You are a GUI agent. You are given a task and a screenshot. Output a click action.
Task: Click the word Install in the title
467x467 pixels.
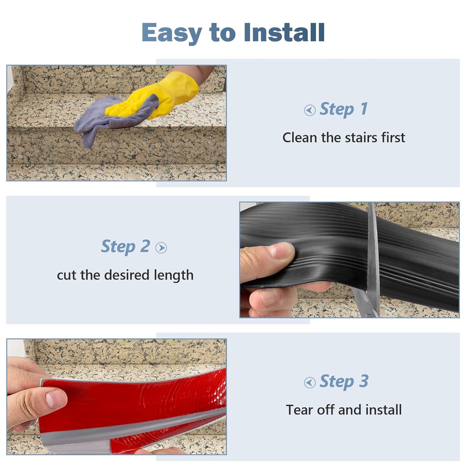pos(284,32)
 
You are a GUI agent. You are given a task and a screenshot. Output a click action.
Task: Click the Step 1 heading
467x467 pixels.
pos(344,109)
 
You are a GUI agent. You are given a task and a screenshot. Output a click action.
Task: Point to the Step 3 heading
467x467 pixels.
pos(344,381)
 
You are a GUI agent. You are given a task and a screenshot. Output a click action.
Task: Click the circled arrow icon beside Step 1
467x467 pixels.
pos(310,110)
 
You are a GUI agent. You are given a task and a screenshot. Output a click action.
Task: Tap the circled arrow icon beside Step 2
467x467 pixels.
pos(161,248)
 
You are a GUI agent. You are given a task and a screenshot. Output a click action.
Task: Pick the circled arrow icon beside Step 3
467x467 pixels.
pos(310,382)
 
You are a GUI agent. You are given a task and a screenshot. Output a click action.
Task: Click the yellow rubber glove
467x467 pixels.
pos(162,95)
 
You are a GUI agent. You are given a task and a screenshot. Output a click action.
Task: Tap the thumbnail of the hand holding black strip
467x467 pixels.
pos(282,252)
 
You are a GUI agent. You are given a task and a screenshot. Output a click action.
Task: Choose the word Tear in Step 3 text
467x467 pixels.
pos(300,410)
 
